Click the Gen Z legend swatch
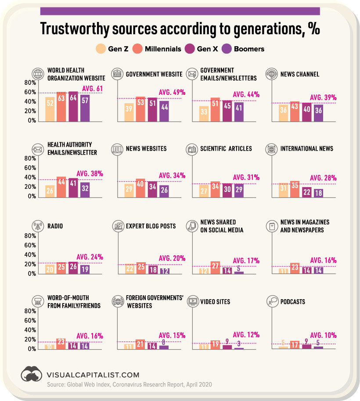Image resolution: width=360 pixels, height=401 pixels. tap(101, 49)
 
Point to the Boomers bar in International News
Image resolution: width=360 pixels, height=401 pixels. tap(318, 192)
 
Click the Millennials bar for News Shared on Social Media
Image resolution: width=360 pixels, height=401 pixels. tap(215, 268)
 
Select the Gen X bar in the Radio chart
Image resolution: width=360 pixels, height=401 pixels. tap(73, 268)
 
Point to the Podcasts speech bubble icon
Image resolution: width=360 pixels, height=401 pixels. tap(273, 301)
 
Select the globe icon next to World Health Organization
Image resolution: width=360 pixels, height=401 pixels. tap(38, 73)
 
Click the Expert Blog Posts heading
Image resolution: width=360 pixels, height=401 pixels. tap(150, 226)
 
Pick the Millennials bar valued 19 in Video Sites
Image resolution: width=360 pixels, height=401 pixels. tap(215, 345)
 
